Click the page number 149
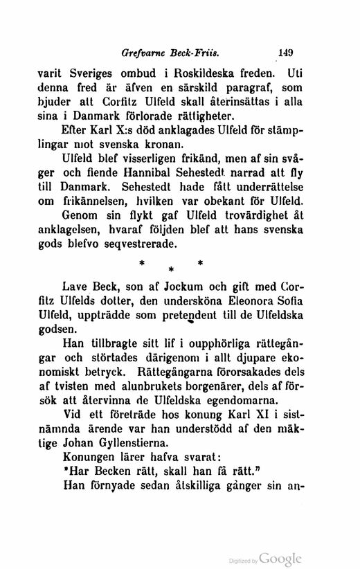tap(285, 50)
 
